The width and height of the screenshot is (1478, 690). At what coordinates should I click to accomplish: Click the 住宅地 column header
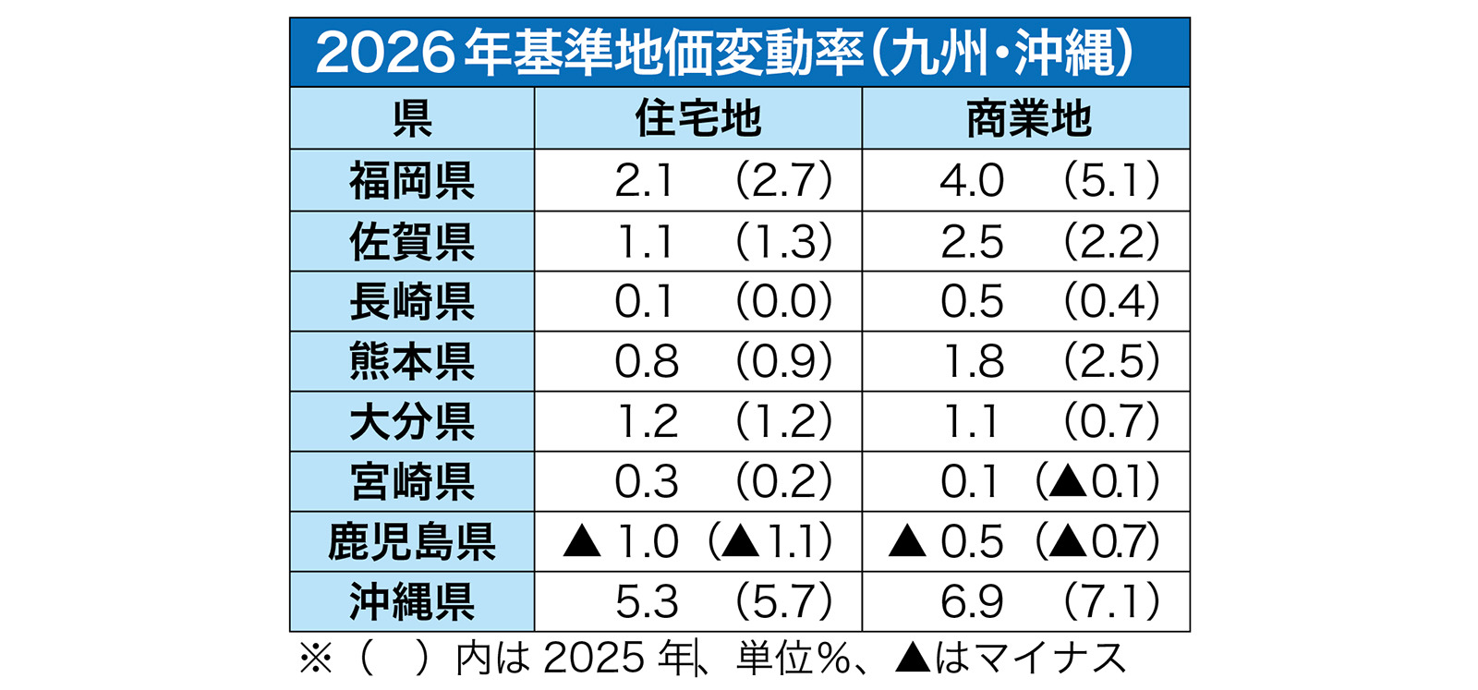click(x=698, y=119)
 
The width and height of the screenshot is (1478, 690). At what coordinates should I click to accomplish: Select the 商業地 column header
click(x=1029, y=119)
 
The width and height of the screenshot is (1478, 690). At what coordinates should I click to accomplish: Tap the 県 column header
click(x=412, y=119)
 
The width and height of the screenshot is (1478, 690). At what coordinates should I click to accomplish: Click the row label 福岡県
click(x=412, y=181)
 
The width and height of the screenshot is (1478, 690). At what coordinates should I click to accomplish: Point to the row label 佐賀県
click(x=412, y=241)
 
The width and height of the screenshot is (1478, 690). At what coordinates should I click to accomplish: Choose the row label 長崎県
click(x=412, y=301)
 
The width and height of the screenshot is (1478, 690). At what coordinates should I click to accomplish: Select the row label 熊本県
click(x=412, y=361)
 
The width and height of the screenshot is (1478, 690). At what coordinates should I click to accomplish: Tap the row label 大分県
click(x=412, y=421)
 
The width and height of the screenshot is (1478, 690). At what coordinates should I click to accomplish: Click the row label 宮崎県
click(x=412, y=481)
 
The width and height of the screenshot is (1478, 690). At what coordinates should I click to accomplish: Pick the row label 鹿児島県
click(x=412, y=541)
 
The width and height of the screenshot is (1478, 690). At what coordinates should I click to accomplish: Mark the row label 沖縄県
click(x=412, y=601)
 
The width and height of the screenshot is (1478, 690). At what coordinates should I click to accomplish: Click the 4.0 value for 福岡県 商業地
click(x=971, y=181)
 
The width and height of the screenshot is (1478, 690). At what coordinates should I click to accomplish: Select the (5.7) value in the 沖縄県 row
click(x=784, y=601)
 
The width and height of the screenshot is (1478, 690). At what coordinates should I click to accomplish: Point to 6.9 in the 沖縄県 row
click(x=971, y=601)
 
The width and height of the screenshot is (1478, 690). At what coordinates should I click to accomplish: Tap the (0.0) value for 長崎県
click(x=784, y=301)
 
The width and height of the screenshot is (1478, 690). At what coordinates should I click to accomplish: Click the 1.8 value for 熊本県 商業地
click(x=974, y=361)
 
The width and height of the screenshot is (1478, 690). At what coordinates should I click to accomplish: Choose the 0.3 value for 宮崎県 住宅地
click(x=646, y=481)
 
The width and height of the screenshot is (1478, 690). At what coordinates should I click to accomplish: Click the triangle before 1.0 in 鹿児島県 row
click(x=581, y=541)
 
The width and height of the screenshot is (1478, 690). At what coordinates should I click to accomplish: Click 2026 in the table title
click(x=385, y=53)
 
